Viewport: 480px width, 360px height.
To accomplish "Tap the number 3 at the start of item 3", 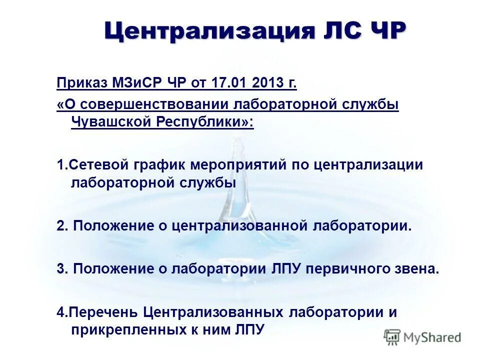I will (60, 268).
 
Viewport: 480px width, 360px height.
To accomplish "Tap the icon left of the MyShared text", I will (392, 337).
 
